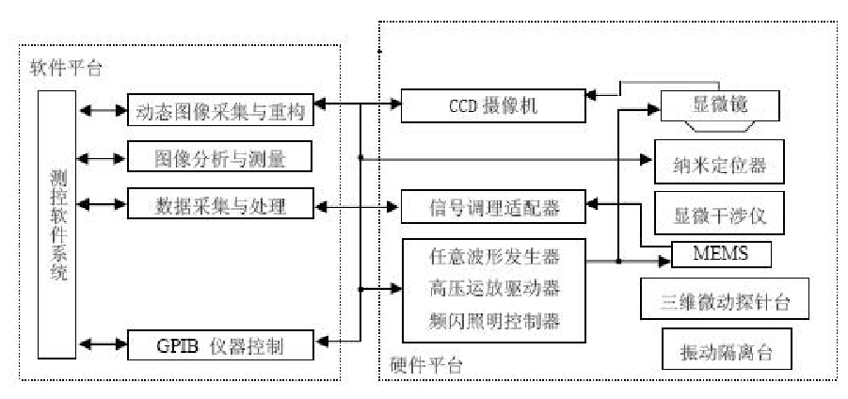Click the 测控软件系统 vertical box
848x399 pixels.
(x=58, y=226)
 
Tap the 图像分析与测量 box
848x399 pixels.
(x=219, y=157)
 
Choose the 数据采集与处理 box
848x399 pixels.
(x=219, y=203)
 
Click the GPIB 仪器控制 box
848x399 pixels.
(x=219, y=346)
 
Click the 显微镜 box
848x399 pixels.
(x=721, y=105)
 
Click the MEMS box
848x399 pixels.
(x=720, y=254)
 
